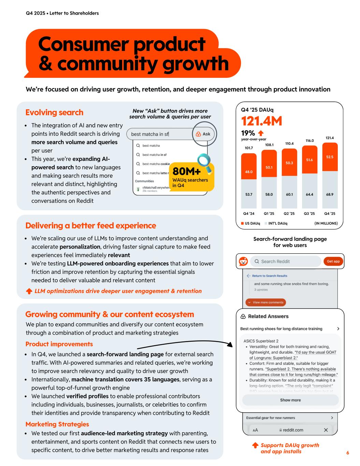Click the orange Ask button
tap(203, 134)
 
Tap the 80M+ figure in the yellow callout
tap(187, 171)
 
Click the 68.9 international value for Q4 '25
tap(330, 194)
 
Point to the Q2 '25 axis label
tap(289, 214)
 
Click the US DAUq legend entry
tap(250, 223)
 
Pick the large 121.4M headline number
tap(261, 121)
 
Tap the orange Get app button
tap(333, 262)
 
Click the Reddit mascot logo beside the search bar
tap(243, 262)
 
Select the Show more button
tap(290, 400)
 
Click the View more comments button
tap(266, 302)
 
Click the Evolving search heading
tap(54, 112)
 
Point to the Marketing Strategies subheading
tap(57, 424)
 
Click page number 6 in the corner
tap(348, 453)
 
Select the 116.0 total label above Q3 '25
tap(309, 141)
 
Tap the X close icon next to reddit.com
tap(326, 430)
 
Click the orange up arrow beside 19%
tap(261, 133)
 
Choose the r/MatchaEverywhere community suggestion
tap(155, 188)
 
